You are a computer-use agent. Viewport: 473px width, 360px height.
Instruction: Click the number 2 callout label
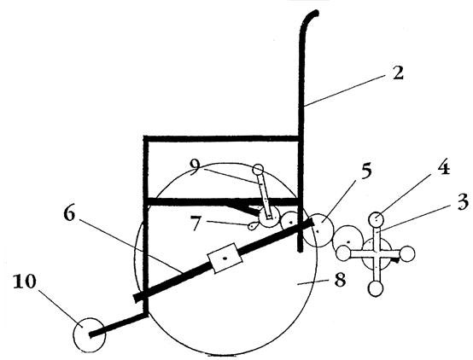click(x=398, y=73)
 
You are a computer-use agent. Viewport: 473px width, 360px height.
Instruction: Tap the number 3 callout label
click(x=463, y=201)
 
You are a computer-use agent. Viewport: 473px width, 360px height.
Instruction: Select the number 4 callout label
click(x=443, y=167)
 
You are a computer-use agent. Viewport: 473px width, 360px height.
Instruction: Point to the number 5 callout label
click(x=365, y=171)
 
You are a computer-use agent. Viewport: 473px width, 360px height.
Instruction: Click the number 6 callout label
click(x=69, y=214)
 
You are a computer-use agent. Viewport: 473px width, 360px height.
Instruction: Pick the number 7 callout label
click(x=196, y=224)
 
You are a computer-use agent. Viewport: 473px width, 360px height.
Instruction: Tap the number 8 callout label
click(x=340, y=280)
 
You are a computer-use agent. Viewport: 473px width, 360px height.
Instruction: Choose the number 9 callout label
click(x=195, y=166)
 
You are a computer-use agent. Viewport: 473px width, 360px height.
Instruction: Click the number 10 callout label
click(x=25, y=282)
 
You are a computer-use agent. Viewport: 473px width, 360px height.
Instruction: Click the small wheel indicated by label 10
click(x=90, y=334)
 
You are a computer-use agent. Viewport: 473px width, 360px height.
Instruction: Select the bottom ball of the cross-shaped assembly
click(x=376, y=289)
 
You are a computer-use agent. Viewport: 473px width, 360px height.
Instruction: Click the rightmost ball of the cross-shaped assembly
click(x=407, y=254)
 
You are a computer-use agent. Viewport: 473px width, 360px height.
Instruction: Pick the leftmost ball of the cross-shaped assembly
click(x=343, y=253)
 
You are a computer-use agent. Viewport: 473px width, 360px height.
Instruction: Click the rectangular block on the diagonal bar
click(x=225, y=258)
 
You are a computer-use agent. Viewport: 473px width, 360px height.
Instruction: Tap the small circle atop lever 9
click(x=258, y=170)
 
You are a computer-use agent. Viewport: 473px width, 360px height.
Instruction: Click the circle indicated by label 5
click(x=318, y=230)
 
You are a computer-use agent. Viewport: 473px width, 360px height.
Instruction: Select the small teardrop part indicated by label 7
click(x=253, y=226)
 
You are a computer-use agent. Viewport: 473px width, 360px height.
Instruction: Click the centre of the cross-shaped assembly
click(x=377, y=254)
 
